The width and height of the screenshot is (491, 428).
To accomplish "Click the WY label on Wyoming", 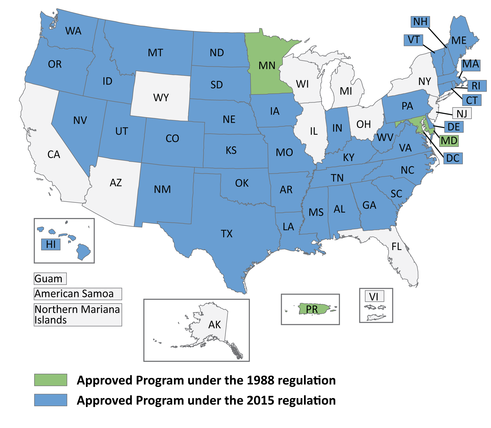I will (x=161, y=98).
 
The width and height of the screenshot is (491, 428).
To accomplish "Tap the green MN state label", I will (x=267, y=66).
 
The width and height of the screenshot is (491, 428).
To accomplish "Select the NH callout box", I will (x=420, y=22).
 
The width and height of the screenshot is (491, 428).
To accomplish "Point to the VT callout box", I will (x=413, y=40).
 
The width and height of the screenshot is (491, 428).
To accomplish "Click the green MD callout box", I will (x=449, y=141).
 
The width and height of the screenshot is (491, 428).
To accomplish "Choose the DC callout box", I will (x=453, y=158).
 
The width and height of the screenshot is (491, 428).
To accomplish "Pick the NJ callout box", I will (x=462, y=113).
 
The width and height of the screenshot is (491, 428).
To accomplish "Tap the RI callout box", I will (x=476, y=86).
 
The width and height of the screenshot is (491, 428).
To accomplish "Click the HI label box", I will (x=51, y=244).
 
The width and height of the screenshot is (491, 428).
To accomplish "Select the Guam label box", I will (x=50, y=279).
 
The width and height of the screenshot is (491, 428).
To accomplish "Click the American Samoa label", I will (x=78, y=294).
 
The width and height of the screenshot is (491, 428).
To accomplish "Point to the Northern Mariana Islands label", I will (x=78, y=315).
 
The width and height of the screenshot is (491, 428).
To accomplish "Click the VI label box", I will (x=374, y=296).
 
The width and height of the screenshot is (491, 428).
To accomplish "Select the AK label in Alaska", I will (x=215, y=325).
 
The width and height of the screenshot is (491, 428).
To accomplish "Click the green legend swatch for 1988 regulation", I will (x=51, y=380).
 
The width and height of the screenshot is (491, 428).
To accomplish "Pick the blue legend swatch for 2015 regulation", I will (x=51, y=400).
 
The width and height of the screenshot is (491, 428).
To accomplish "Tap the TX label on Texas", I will (x=227, y=234).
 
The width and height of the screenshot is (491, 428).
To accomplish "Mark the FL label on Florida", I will (x=396, y=247).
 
